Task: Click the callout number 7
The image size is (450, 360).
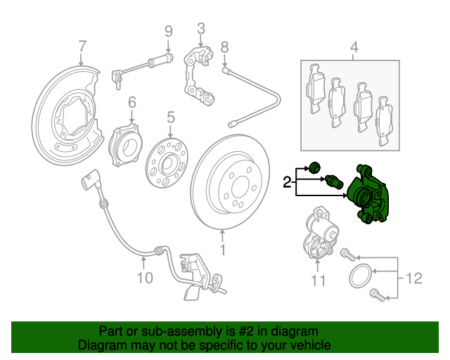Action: click(x=82, y=47)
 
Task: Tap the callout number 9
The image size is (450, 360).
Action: click(x=169, y=31)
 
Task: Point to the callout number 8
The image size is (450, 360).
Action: click(x=225, y=48)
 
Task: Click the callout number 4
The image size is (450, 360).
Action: click(x=354, y=48)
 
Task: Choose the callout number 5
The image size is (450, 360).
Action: click(x=170, y=116)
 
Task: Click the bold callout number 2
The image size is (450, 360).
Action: click(x=287, y=183)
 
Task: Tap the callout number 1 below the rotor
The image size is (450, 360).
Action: click(x=223, y=249)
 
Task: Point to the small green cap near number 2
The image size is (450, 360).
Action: click(x=315, y=167)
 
